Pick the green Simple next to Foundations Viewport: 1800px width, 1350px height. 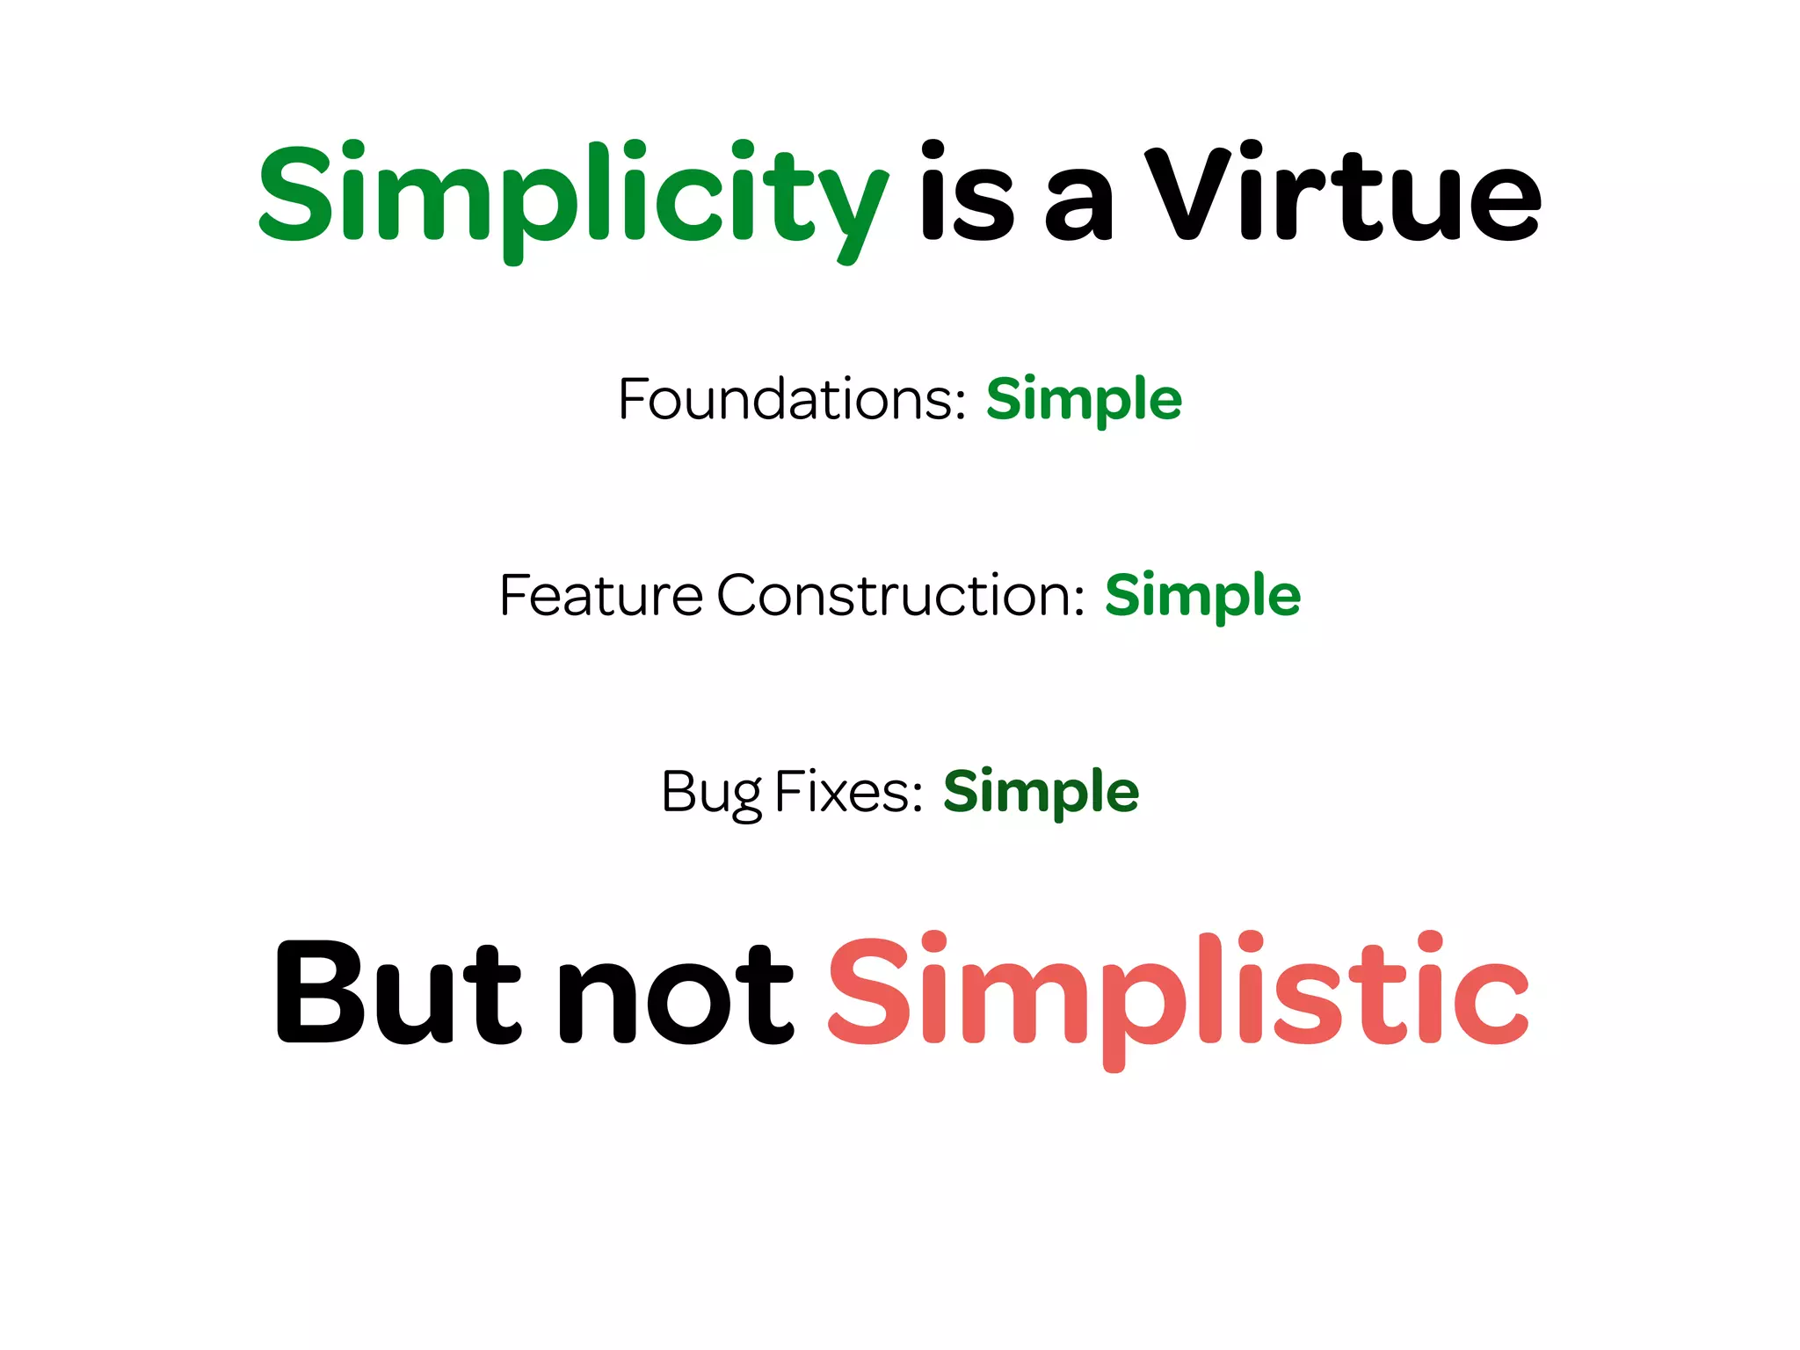tap(1084, 400)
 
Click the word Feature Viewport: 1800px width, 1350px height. tap(601, 596)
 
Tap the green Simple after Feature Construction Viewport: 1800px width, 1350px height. tap(1202, 596)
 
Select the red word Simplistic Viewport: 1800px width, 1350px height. tap(1178, 993)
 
